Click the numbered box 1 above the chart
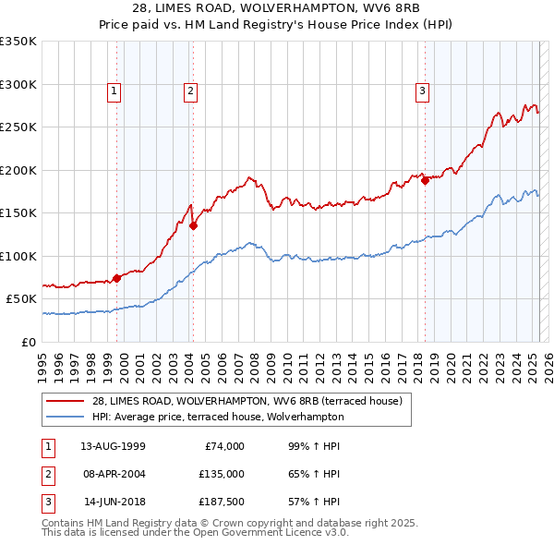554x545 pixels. pos(114,91)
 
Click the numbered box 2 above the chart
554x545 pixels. pos(189,91)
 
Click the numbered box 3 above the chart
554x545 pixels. pos(422,91)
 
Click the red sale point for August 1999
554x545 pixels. pos(117,277)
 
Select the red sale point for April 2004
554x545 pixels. pos(194,225)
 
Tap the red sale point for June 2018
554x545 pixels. pos(426,181)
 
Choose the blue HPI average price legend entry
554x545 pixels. pos(217,417)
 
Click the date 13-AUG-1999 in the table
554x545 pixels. pos(113,446)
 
